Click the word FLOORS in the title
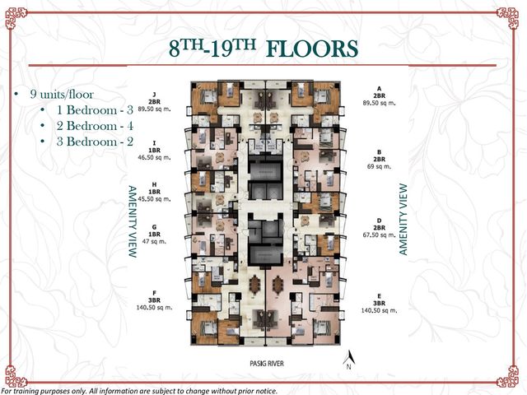pos(311,49)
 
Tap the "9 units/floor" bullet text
pos(62,94)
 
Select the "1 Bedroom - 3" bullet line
pos(95,109)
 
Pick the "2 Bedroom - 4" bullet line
pos(95,126)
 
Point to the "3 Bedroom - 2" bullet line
pos(95,142)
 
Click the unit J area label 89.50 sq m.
pos(154,109)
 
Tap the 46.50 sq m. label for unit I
pos(154,157)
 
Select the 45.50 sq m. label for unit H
pos(154,199)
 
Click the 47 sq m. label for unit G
pos(154,241)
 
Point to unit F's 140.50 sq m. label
pos(154,307)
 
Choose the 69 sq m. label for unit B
pos(379,166)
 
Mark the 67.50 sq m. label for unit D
pos(379,235)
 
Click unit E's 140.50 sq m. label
pos(379,310)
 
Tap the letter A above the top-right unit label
pos(379,89)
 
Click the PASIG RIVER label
pos(267,364)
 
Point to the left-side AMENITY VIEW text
pos(133,221)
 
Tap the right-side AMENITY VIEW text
pos(403,220)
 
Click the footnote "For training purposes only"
pos(44,391)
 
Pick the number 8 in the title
pos(175,49)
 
